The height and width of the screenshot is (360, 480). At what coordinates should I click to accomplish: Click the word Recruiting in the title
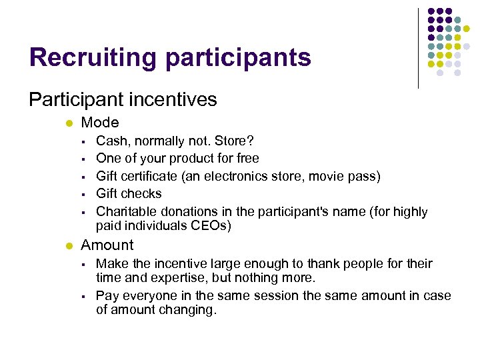(x=93, y=57)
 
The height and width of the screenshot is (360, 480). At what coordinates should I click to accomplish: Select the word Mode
(x=100, y=123)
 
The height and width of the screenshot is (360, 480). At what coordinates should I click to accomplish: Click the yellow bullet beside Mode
(x=69, y=123)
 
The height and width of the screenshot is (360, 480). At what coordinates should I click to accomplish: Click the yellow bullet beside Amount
(x=69, y=246)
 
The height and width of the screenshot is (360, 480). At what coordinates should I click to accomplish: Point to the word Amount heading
(x=107, y=245)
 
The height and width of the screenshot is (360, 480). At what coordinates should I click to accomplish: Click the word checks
(x=142, y=194)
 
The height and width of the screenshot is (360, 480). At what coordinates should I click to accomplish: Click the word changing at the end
(x=190, y=309)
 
